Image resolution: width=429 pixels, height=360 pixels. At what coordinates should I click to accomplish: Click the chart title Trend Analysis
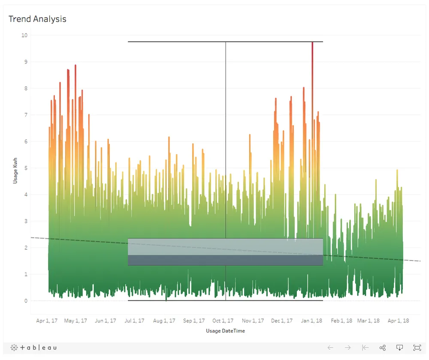click(x=37, y=19)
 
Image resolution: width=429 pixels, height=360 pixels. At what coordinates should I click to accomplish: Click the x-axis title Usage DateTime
click(x=225, y=331)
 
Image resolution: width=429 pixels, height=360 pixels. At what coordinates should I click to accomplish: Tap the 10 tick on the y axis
click(x=24, y=35)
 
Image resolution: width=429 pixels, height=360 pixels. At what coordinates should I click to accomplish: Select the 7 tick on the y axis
click(x=26, y=115)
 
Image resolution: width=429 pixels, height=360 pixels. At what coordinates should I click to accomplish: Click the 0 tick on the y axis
click(x=26, y=301)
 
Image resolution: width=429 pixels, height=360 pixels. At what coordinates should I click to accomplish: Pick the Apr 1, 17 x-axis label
click(x=47, y=321)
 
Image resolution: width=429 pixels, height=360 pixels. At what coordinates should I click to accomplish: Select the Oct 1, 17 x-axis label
click(x=223, y=321)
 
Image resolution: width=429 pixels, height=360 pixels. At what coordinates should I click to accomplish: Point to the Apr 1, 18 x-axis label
click(x=398, y=321)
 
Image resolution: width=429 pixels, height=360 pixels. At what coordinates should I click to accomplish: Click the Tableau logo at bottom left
click(x=33, y=348)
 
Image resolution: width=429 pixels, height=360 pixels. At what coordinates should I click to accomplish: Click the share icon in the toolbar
click(x=383, y=348)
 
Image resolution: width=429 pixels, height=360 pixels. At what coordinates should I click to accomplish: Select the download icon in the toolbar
click(x=399, y=348)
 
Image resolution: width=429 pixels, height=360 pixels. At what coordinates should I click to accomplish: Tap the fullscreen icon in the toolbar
click(x=417, y=348)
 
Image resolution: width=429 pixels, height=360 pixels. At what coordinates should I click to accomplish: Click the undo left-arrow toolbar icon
click(x=330, y=348)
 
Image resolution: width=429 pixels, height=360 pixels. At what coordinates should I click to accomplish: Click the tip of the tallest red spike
click(x=312, y=42)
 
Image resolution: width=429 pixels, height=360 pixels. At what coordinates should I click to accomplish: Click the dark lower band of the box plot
click(x=225, y=260)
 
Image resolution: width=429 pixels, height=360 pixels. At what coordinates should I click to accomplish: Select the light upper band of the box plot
click(x=225, y=246)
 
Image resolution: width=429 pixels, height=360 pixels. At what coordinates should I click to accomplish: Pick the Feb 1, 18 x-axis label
click(x=341, y=321)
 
